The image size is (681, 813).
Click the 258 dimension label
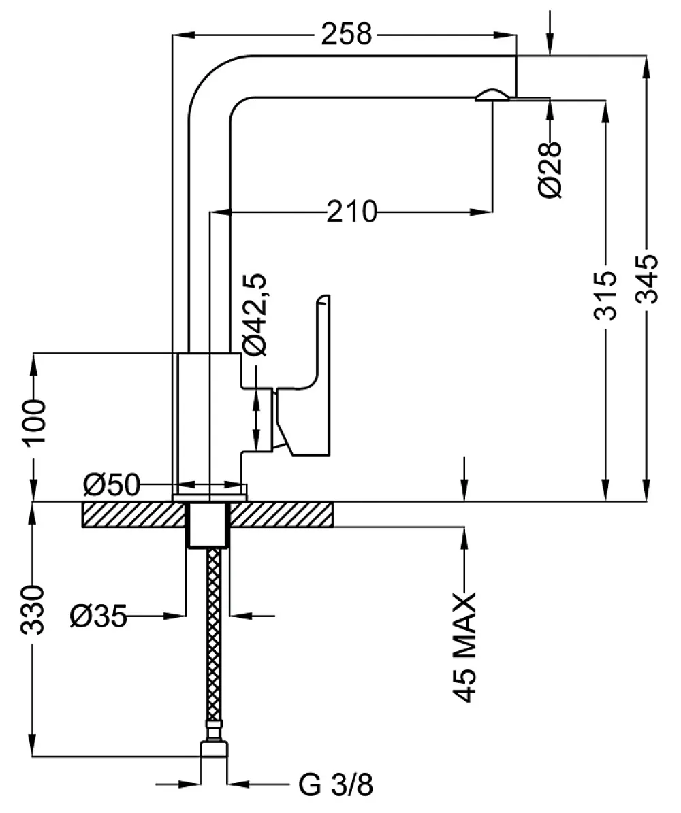(x=346, y=34)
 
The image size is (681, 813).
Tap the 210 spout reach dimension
(x=351, y=212)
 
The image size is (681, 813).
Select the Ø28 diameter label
(x=551, y=169)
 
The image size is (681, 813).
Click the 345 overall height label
(x=647, y=278)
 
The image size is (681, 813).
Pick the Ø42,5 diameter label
(x=254, y=315)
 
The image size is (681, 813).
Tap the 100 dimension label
(x=35, y=422)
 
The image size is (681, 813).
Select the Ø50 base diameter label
(x=112, y=485)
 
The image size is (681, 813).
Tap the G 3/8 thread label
(x=336, y=784)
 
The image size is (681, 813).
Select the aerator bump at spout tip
(x=490, y=95)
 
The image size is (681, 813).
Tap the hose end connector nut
(x=214, y=748)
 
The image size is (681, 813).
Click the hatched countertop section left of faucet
(x=134, y=514)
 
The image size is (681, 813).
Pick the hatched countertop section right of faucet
(x=281, y=514)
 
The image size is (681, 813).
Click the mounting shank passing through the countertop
(x=208, y=525)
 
